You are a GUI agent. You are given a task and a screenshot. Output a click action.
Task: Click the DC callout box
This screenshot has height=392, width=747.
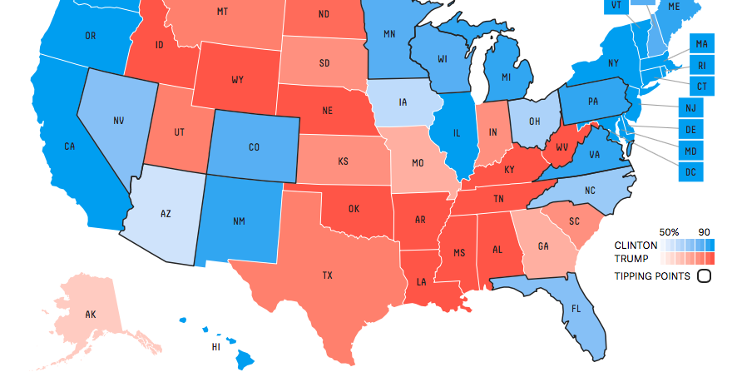pyautogui.click(x=690, y=171)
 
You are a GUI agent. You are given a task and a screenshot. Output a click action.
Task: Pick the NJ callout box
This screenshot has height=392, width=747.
pyautogui.click(x=690, y=107)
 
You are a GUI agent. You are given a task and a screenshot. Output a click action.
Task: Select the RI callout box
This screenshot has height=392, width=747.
pyautogui.click(x=701, y=65)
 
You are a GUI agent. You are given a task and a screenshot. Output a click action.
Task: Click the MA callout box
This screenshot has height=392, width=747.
pyautogui.click(x=701, y=43)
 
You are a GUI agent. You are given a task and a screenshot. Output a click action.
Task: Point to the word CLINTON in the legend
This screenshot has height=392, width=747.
pyautogui.click(x=635, y=246)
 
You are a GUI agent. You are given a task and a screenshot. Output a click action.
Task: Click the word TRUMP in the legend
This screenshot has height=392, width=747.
pyautogui.click(x=631, y=258)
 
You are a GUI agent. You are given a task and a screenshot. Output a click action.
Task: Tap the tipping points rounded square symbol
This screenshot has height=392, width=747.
pyautogui.click(x=703, y=276)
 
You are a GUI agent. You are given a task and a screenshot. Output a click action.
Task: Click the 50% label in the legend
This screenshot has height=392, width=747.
pyautogui.click(x=669, y=231)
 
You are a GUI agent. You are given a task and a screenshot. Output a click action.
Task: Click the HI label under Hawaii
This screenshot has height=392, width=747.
pyautogui.click(x=215, y=346)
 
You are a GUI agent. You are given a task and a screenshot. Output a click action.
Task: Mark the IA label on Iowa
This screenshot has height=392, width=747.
pyautogui.click(x=403, y=103)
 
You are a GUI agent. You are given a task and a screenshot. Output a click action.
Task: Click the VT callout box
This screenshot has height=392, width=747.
pyautogui.click(x=616, y=5)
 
